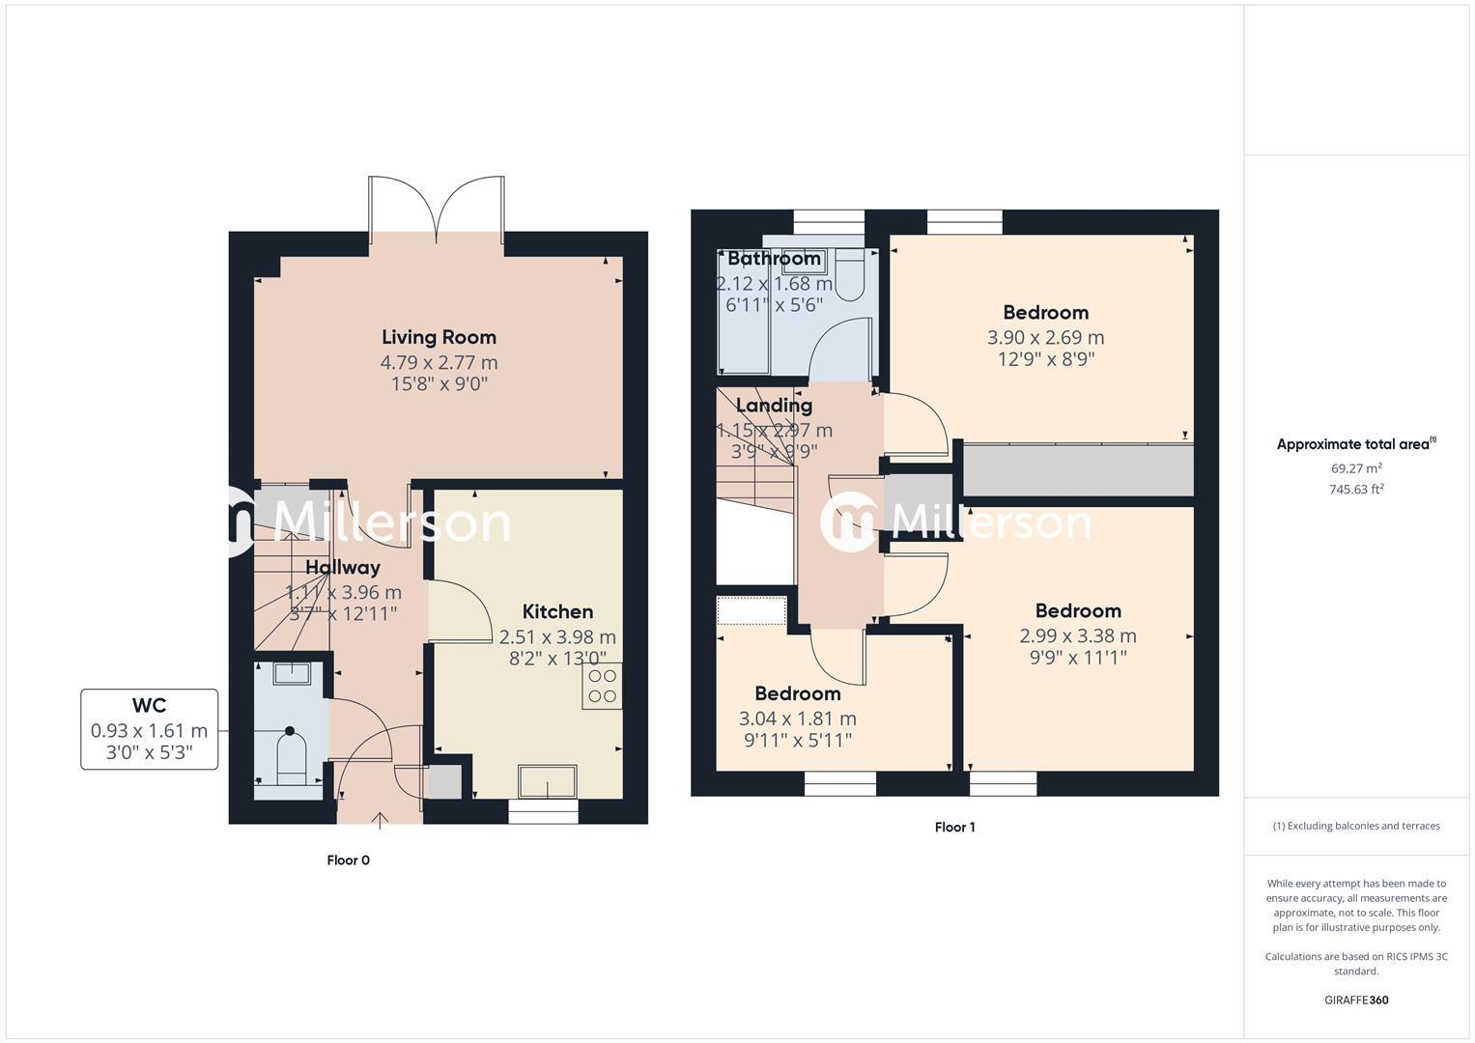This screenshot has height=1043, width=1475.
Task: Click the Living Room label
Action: point(439,337)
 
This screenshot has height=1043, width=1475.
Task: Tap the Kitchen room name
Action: point(557,611)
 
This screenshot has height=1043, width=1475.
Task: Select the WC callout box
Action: point(149,729)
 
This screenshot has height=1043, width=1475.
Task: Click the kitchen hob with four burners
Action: point(602,687)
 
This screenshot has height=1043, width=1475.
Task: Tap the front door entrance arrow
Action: point(381,821)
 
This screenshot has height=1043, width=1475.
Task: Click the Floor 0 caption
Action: point(348,860)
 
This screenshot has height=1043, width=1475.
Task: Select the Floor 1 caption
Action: point(954,828)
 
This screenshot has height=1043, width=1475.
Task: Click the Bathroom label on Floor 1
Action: point(774,259)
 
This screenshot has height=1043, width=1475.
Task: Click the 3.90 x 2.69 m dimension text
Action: point(1045,337)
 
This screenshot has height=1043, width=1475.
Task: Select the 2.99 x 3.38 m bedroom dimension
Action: point(1077,635)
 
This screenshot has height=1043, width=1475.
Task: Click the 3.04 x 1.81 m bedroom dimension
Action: point(797,719)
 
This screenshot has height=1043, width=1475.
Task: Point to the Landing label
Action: point(774,406)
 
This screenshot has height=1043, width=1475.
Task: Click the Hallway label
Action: point(343,568)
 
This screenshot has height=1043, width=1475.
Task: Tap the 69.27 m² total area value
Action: point(1356,468)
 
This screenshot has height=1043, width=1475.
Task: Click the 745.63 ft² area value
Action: point(1356,490)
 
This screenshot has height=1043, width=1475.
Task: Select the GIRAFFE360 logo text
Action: point(1356,1000)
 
